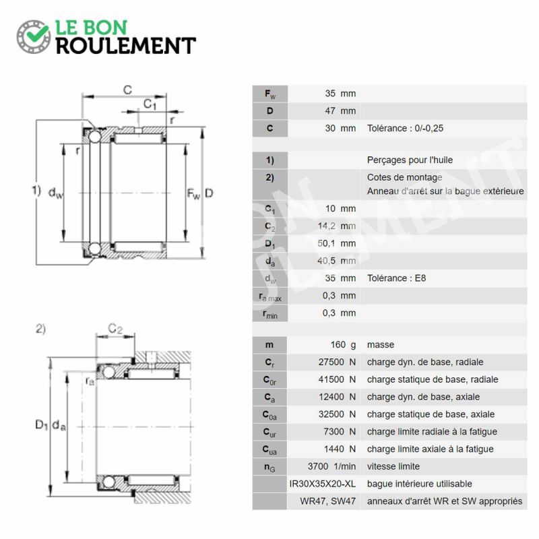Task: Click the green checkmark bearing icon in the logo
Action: pyautogui.click(x=34, y=36)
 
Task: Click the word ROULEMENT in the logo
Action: pyautogui.click(x=126, y=46)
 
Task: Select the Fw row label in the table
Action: pyautogui.click(x=270, y=94)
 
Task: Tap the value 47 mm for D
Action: pyautogui.click(x=340, y=111)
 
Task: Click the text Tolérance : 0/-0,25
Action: pyautogui.click(x=406, y=128)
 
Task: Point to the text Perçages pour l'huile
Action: pyautogui.click(x=410, y=160)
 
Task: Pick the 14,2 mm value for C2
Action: pyautogui.click(x=337, y=226)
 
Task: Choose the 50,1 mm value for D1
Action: pyautogui.click(x=337, y=243)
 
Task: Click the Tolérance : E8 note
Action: pyautogui.click(x=396, y=278)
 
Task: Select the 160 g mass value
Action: pyautogui.click(x=343, y=345)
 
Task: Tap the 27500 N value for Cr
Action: pyautogui.click(x=337, y=362)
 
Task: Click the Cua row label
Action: pyautogui.click(x=269, y=449)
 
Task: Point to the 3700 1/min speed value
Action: pyautogui.click(x=331, y=466)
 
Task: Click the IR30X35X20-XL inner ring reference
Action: pyautogui.click(x=323, y=484)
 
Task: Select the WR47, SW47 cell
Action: pyautogui.click(x=327, y=501)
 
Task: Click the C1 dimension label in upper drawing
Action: pyautogui.click(x=150, y=104)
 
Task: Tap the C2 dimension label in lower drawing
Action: pyautogui.click(x=115, y=329)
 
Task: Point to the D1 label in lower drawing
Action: pyautogui.click(x=41, y=425)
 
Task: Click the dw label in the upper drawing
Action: pyautogui.click(x=56, y=193)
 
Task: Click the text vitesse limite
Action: pyautogui.click(x=393, y=466)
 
